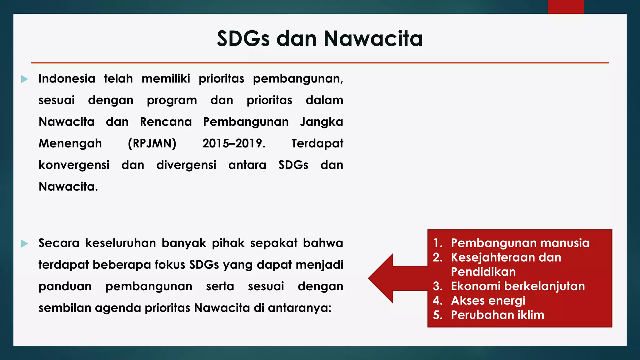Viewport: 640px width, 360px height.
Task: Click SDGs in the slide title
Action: (x=243, y=39)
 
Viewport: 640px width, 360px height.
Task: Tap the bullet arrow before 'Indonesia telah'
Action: (x=25, y=79)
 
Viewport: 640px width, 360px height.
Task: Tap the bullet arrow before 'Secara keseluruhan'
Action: (x=25, y=244)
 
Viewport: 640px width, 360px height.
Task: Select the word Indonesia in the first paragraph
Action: (x=67, y=78)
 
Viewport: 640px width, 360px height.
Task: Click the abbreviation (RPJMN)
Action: (x=152, y=143)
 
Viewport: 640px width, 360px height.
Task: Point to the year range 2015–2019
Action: (x=233, y=143)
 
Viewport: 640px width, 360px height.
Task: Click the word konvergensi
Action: (x=74, y=165)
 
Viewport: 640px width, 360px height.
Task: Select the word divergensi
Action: (x=186, y=165)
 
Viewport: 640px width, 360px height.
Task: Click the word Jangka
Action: (x=321, y=122)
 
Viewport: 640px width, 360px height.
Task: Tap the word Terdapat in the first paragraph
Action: (x=317, y=143)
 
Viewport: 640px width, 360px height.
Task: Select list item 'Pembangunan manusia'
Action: (x=520, y=243)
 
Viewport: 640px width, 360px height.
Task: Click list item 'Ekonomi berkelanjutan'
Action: (x=518, y=286)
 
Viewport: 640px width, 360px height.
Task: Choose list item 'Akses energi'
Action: (x=488, y=301)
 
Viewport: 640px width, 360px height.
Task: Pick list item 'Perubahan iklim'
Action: (x=497, y=315)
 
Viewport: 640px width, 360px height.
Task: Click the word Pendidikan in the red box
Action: (x=483, y=272)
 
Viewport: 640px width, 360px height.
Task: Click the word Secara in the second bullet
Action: (x=59, y=243)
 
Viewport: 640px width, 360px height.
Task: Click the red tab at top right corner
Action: (x=566, y=7)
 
